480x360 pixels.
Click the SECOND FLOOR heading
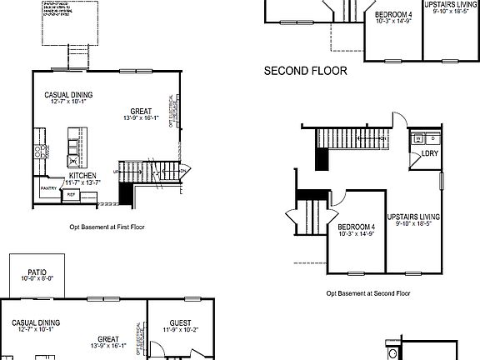305,72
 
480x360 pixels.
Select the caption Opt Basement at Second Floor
367,292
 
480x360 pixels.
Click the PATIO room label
37,272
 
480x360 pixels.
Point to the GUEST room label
180,322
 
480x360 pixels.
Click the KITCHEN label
82,176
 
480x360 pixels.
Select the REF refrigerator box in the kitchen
72,194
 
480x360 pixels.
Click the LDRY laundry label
430,153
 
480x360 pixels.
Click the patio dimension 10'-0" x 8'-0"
37,279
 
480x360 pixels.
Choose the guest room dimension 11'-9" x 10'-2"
180,330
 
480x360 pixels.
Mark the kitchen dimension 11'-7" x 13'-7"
82,182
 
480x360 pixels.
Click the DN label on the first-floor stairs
182,171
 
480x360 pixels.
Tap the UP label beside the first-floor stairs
116,172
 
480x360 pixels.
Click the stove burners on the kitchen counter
38,152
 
